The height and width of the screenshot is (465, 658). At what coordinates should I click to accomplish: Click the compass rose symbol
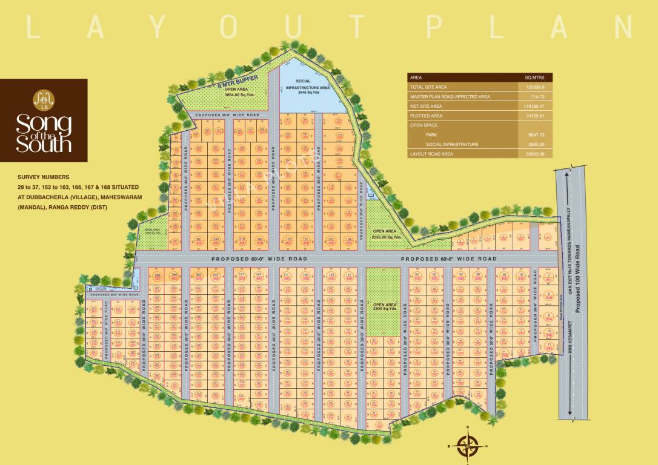[x=466, y=446]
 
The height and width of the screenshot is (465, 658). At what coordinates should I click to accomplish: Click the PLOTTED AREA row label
[x=427, y=116]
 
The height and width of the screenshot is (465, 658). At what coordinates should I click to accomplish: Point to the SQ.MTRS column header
[x=535, y=77]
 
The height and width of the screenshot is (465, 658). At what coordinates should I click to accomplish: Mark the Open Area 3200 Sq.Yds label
[x=384, y=307]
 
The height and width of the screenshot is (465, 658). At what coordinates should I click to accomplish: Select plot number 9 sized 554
[x=550, y=317]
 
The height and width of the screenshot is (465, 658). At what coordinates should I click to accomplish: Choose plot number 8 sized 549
[x=550, y=297]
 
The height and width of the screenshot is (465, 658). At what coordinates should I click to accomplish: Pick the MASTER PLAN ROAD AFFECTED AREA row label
[x=450, y=96]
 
